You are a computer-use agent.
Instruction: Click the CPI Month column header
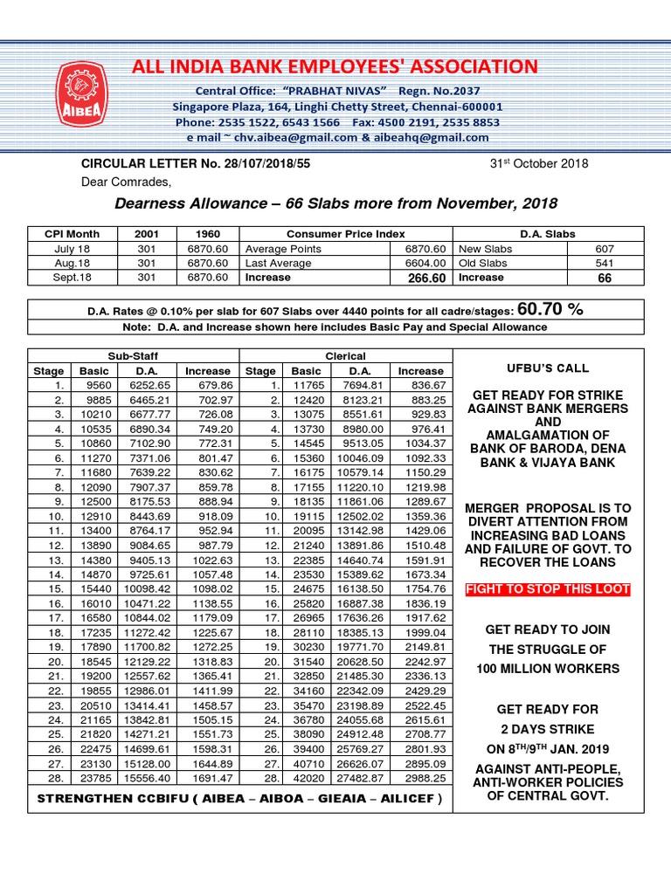72,234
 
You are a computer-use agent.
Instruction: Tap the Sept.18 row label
72,277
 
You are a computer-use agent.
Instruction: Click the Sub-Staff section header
133,356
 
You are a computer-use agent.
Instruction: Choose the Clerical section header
345,356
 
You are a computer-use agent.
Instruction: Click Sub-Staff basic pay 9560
94,385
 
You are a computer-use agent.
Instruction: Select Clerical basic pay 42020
307,777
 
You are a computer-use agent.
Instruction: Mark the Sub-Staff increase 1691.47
208,777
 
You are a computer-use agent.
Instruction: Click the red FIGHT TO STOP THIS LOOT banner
548,589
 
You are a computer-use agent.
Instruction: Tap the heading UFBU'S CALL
548,368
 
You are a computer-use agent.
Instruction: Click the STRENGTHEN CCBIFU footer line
238,799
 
